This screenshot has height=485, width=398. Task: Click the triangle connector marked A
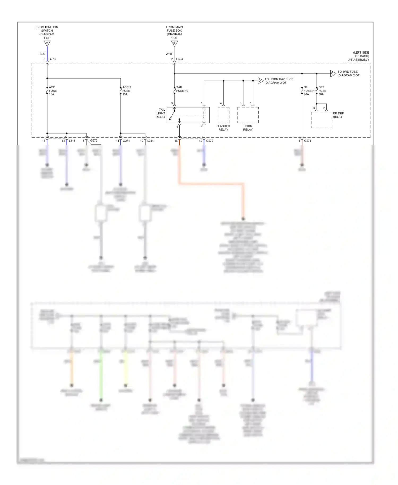point(47,43)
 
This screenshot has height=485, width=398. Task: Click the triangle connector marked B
point(174,43)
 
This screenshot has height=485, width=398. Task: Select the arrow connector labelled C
point(333,74)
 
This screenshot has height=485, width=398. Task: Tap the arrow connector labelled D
point(260,81)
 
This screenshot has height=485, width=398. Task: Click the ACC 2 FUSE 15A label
point(127,91)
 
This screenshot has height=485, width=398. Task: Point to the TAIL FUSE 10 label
point(182,89)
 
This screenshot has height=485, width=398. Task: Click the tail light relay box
point(188,115)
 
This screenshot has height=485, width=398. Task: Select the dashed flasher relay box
point(223,115)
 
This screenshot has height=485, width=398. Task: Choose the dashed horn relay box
point(248,115)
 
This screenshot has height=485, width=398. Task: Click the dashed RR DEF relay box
point(321,120)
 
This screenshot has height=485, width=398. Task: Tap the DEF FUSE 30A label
point(322,91)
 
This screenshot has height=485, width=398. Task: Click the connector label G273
point(52,59)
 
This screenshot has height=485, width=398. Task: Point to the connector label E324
point(179,59)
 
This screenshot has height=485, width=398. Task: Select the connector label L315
point(72,141)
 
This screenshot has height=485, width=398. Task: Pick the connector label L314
point(150,141)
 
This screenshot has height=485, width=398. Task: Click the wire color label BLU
point(42,54)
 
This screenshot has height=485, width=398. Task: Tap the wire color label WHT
point(169,54)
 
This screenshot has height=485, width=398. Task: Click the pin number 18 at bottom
point(176,141)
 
